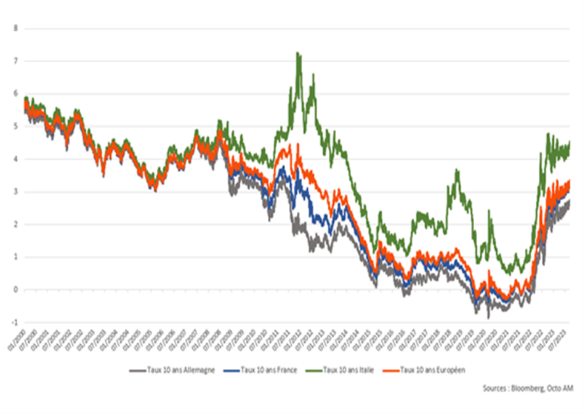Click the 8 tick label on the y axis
[x=16, y=28]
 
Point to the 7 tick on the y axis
[x=16, y=61]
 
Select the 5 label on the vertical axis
[x=16, y=126]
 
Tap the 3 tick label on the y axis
[x=16, y=191]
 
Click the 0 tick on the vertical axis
[x=16, y=289]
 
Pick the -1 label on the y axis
[x=15, y=323]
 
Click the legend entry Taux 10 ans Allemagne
[x=181, y=370]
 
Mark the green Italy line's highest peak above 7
[x=298, y=53]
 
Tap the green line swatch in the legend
[x=312, y=370]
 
